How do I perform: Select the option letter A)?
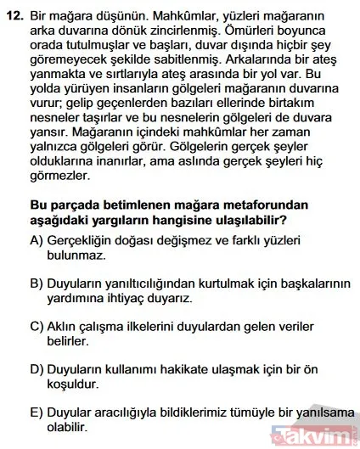coord(37,241)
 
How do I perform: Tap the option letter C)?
coord(37,327)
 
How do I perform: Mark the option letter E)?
coord(37,412)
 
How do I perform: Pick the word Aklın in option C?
coord(69,327)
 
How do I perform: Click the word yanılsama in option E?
coord(318,412)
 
